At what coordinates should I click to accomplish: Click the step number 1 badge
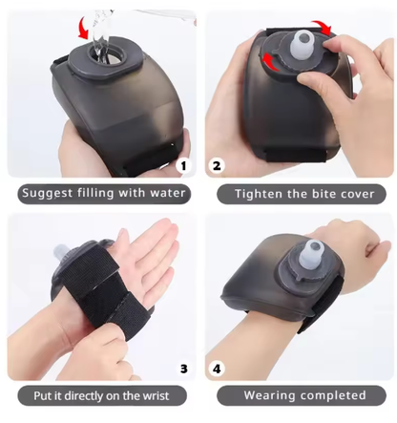pos(183,165)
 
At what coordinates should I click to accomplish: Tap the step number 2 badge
pos(217,165)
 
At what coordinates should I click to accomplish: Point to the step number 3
pos(184,369)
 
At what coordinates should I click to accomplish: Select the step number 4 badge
pos(217,369)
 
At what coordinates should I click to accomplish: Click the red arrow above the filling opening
pos(84,29)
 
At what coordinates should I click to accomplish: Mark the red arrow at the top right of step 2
pos(322,28)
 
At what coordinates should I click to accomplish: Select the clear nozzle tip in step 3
pos(60,252)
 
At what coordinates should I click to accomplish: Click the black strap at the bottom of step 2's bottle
pos(296,155)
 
